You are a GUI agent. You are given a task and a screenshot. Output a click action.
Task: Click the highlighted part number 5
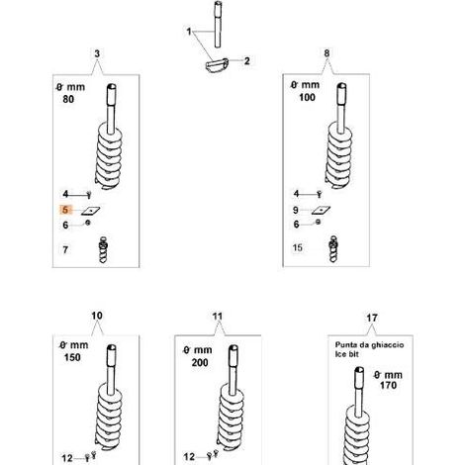65,210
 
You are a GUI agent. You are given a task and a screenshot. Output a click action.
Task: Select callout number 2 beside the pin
247,61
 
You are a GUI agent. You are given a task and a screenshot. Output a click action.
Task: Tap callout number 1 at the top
189,32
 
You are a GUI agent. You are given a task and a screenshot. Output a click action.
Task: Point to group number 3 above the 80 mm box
97,53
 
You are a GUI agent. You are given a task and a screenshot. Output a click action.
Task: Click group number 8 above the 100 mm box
326,53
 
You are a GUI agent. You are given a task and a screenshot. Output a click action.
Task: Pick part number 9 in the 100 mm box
296,210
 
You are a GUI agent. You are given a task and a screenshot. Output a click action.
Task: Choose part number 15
298,247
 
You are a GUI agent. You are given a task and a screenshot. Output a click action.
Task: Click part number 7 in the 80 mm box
65,249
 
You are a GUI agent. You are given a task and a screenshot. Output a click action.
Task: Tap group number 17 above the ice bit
372,318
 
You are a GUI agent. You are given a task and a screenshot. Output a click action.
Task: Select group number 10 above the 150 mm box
97,316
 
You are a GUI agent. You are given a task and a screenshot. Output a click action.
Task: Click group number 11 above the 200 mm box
218,317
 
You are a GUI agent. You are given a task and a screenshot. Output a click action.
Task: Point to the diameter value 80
68,99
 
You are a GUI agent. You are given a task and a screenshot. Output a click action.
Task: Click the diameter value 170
388,385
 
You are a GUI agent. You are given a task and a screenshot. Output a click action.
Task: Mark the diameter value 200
200,363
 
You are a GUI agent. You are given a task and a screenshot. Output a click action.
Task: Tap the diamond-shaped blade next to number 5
91,211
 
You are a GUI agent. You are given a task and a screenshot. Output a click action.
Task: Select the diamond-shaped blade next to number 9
321,210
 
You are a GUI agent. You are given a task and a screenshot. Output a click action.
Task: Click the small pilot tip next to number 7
103,249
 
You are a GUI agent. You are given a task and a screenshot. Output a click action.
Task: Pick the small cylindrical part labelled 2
217,64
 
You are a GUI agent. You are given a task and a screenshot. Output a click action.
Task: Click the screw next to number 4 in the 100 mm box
319,194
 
